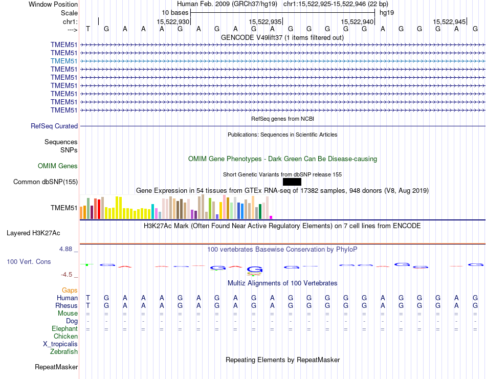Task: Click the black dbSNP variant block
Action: tap(292, 182)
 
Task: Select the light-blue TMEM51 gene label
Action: tap(64, 61)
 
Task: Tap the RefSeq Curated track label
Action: tap(54, 126)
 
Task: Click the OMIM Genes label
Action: tap(58, 166)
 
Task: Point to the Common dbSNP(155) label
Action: tap(46, 182)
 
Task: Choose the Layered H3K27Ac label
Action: tap(33, 233)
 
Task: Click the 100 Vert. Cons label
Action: tap(29, 261)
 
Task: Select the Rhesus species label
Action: tap(66, 305)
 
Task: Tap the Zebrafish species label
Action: tap(64, 351)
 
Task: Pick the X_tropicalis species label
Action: tap(60, 344)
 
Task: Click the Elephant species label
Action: tap(64, 328)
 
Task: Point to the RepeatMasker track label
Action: tap(56, 367)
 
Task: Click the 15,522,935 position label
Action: tap(266, 22)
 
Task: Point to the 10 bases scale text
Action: tap(175, 12)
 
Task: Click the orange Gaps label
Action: tap(70, 290)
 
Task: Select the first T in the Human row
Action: tap(88, 298)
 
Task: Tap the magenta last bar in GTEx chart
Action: tap(271, 217)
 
